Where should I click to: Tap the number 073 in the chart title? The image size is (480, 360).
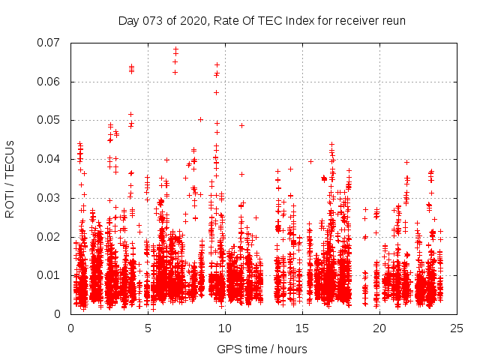[x=153, y=20]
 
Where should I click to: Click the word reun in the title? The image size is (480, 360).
[x=392, y=20]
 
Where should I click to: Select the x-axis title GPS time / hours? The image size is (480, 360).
[x=262, y=349]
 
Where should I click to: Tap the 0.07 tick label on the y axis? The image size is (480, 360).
[x=50, y=43]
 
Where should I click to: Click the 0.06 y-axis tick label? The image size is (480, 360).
[x=50, y=82]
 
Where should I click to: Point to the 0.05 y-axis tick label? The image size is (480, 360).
[x=50, y=120]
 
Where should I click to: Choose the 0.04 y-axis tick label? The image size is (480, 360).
[x=50, y=159]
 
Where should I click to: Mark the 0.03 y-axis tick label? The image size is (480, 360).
[x=50, y=198]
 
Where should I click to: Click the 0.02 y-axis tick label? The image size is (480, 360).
[x=50, y=237]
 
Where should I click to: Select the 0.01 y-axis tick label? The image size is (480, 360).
[x=50, y=275]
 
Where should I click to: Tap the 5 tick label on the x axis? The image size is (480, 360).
[x=148, y=328]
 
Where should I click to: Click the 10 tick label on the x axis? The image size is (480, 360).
[x=225, y=328]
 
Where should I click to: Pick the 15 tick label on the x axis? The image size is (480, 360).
[x=302, y=328]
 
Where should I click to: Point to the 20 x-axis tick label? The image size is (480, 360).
[x=379, y=328]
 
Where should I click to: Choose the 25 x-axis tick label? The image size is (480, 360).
[x=457, y=328]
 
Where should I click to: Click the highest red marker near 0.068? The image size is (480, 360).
[x=175, y=49]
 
